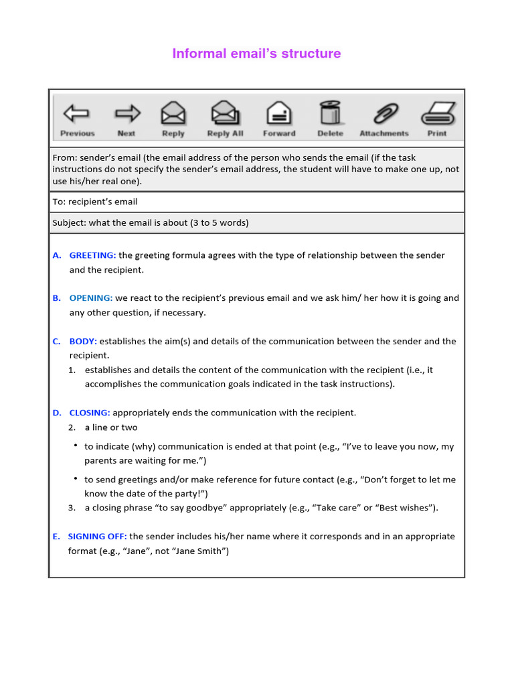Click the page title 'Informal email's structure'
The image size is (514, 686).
pyautogui.click(x=256, y=54)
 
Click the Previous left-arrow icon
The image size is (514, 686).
pyautogui.click(x=76, y=113)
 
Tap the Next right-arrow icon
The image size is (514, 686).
pyautogui.click(x=126, y=113)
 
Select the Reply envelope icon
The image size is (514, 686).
pyautogui.click(x=173, y=113)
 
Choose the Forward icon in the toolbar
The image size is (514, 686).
pyautogui.click(x=278, y=113)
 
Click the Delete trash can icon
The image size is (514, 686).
pyautogui.click(x=330, y=113)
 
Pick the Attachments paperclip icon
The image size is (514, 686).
pyautogui.click(x=384, y=113)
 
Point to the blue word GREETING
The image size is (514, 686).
pyautogui.click(x=92, y=255)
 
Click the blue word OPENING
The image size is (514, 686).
pyautogui.click(x=92, y=298)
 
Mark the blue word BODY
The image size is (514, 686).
pyautogui.click(x=83, y=341)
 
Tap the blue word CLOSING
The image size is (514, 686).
pyautogui.click(x=90, y=413)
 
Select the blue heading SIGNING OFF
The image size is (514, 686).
pyautogui.click(x=97, y=537)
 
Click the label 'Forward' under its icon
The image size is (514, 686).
pyautogui.click(x=279, y=133)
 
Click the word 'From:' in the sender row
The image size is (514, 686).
pyautogui.click(x=64, y=158)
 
